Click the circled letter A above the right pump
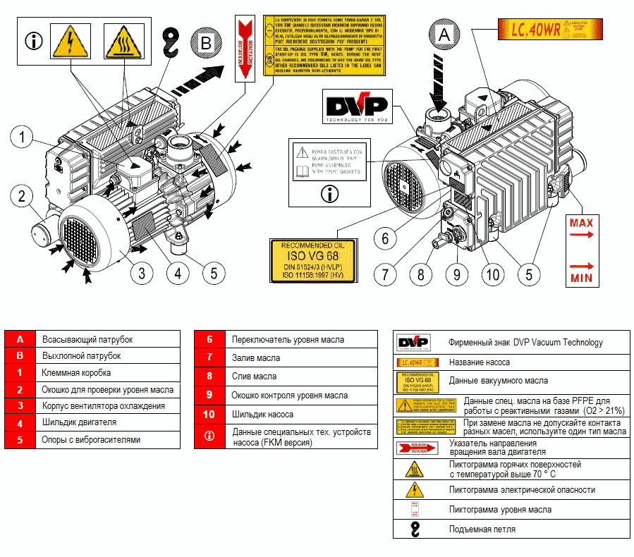(x=444, y=34)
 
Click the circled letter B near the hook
(x=205, y=44)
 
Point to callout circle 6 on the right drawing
(x=385, y=238)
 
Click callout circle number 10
(x=493, y=273)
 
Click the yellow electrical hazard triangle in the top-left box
(x=71, y=41)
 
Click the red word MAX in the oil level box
(x=581, y=223)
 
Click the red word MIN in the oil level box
(x=581, y=278)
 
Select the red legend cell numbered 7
(x=209, y=358)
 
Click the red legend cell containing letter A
(x=20, y=340)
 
